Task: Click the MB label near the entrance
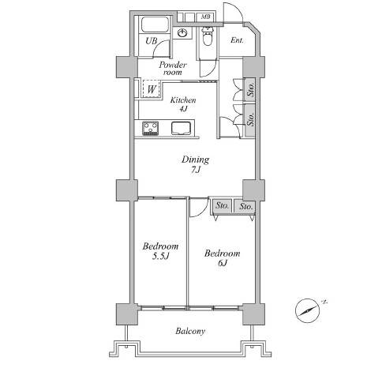(205, 17)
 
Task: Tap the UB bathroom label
(152, 41)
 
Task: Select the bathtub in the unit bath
(155, 24)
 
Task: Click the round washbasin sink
(182, 33)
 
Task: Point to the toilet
(208, 36)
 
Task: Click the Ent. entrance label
(237, 40)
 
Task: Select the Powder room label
(173, 68)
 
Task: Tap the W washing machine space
(152, 89)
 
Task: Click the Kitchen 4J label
(183, 104)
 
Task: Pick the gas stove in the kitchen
(150, 128)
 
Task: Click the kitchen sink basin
(181, 128)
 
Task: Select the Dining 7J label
(196, 164)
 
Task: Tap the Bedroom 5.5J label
(160, 251)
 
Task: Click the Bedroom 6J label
(223, 258)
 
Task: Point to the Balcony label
(190, 331)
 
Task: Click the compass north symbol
(309, 310)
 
